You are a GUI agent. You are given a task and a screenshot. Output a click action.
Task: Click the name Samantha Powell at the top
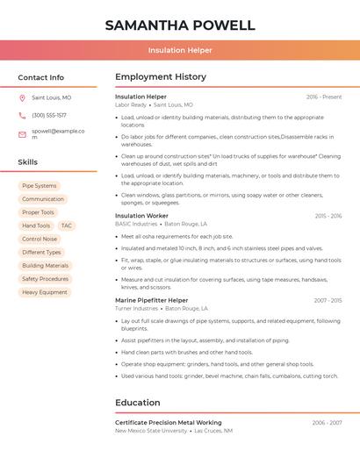[x=180, y=25]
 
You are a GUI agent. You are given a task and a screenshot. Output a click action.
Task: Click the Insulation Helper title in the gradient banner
[x=180, y=51]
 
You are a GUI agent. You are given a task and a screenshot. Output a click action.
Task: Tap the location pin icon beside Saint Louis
[x=22, y=98]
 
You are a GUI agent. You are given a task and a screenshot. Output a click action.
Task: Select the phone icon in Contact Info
[x=22, y=115]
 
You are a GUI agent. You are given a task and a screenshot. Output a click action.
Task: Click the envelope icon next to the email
[x=22, y=134]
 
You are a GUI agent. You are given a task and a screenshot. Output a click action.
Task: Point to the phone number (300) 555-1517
[x=49, y=115]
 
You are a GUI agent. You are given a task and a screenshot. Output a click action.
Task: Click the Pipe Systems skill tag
[x=40, y=186]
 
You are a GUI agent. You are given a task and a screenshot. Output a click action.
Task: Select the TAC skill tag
[x=67, y=225]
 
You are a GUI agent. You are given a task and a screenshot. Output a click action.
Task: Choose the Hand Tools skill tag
[x=36, y=225]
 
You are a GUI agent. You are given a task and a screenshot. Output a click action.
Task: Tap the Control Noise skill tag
[x=40, y=239]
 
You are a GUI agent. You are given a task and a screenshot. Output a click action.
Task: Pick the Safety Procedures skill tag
[x=45, y=279]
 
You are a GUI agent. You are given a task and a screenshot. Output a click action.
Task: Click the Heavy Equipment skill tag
[x=45, y=292]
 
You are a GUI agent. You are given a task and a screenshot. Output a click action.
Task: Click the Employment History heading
[x=161, y=77]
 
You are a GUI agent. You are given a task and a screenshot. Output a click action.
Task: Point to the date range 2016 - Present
[x=324, y=97]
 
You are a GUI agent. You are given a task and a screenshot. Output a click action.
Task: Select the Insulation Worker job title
[x=141, y=216]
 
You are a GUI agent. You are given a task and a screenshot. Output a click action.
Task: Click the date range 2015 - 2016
[x=328, y=216]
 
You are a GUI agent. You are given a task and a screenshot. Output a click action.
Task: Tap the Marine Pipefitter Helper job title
[x=151, y=300]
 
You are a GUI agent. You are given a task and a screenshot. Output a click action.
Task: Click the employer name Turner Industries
[x=136, y=309]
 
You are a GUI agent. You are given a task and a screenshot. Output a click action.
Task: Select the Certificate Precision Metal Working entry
[x=168, y=423]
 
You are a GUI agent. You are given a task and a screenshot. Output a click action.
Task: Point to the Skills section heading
[x=28, y=162]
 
